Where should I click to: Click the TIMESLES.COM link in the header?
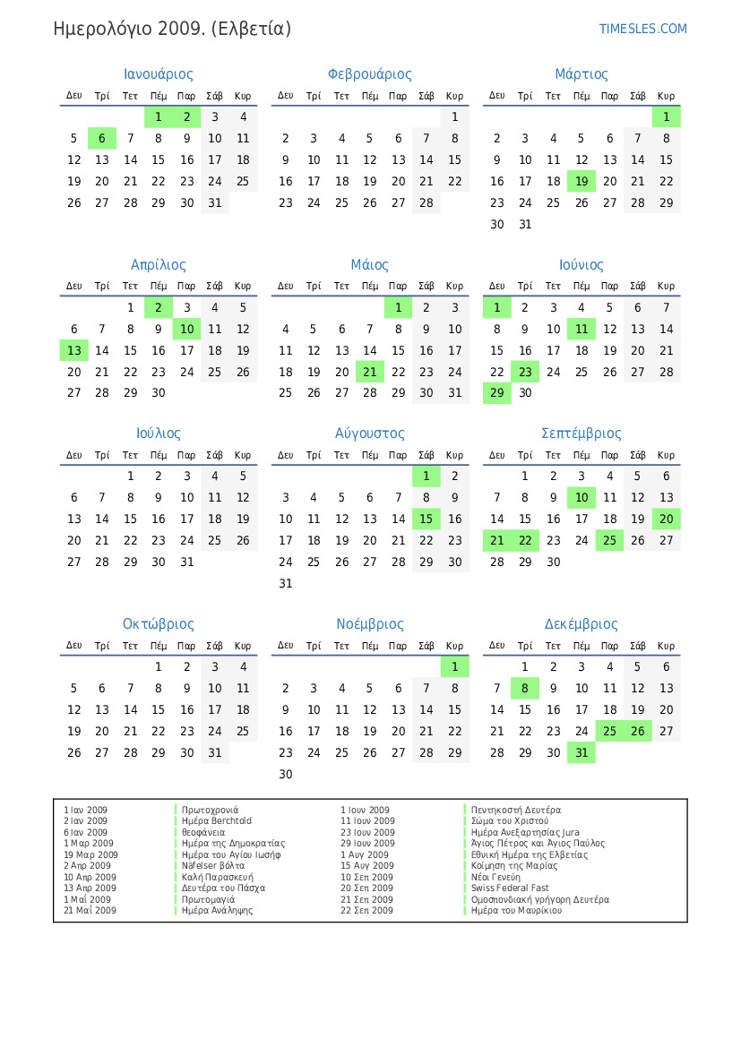[642, 29]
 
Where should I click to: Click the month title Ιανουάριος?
[158, 74]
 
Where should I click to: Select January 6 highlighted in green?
[102, 138]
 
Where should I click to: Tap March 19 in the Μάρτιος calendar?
[582, 181]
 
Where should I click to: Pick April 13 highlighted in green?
[74, 350]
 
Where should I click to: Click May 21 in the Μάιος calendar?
[370, 372]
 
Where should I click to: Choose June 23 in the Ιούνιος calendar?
[525, 372]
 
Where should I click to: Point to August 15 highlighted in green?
[427, 519]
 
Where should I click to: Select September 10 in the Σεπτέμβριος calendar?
[582, 497]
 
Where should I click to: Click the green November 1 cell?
[454, 666]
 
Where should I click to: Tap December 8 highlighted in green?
[525, 688]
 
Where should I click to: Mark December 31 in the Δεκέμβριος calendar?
[582, 752]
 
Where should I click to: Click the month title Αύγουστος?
[369, 433]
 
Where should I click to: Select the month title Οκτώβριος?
[158, 624]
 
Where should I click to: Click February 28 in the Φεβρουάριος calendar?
[427, 202]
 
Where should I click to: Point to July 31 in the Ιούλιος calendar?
[186, 562]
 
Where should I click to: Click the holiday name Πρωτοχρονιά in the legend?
[210, 810]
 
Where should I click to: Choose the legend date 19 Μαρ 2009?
[90, 854]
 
